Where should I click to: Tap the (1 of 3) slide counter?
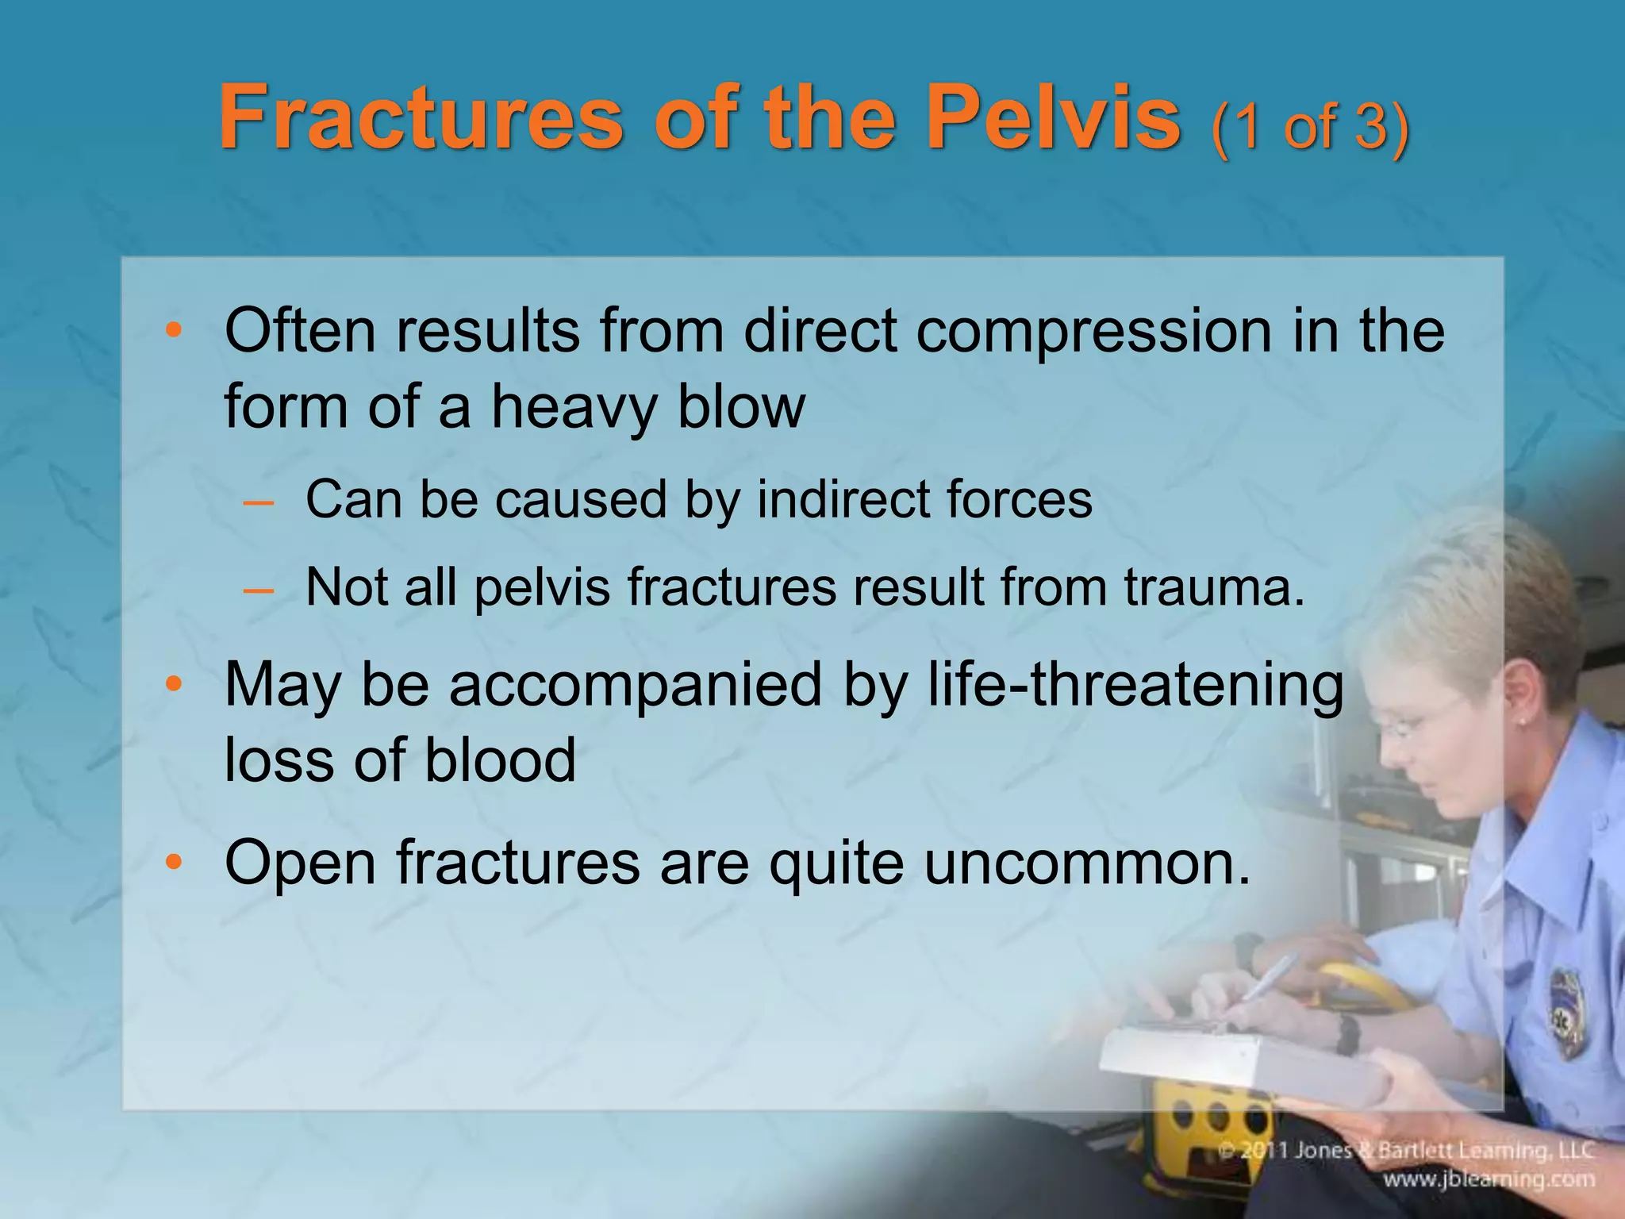tap(1310, 127)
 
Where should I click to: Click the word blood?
tap(500, 760)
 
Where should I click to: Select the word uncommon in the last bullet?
tap(1087, 863)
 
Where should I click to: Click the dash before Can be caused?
tap(259, 502)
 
